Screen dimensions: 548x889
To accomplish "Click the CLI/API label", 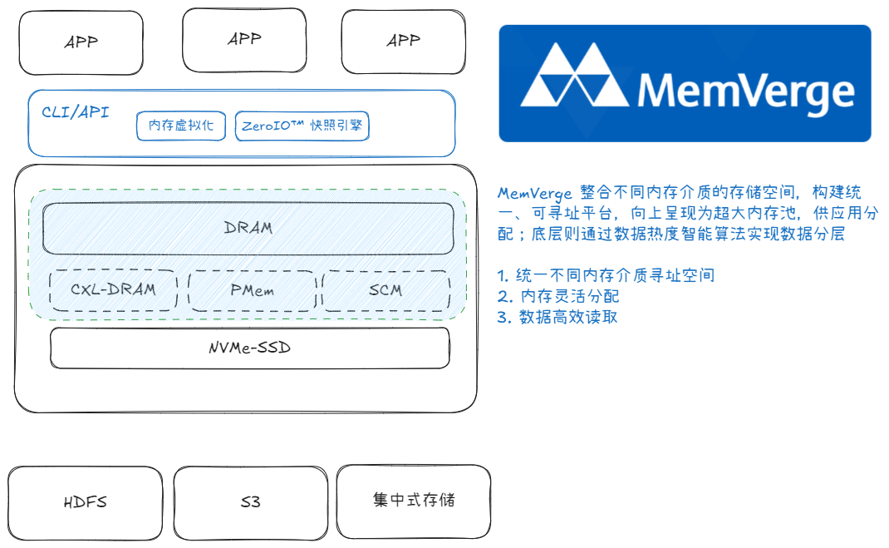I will pyautogui.click(x=75, y=112).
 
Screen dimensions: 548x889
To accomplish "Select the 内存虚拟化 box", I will pyautogui.click(x=181, y=126).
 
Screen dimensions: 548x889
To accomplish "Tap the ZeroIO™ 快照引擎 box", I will pyautogui.click(x=302, y=126).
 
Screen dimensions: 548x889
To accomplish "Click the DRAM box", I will pyautogui.click(x=248, y=228).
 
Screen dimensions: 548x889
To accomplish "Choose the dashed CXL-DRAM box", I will pyautogui.click(x=113, y=290).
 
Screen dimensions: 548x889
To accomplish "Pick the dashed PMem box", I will pyautogui.click(x=252, y=290).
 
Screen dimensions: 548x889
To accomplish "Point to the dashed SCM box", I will pyautogui.click(x=386, y=290).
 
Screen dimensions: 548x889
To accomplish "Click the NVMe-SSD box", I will pyautogui.click(x=249, y=348).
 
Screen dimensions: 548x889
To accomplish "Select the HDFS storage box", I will pyautogui.click(x=85, y=502).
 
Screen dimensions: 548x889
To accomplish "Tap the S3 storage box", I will pyautogui.click(x=250, y=502).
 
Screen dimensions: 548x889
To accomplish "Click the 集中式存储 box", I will pyautogui.click(x=413, y=501).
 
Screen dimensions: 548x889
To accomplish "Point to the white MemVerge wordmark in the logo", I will pyautogui.click(x=745, y=91).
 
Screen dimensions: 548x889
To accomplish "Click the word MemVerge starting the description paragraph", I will pyautogui.click(x=535, y=193).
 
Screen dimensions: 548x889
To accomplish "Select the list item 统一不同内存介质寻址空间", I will pyautogui.click(x=615, y=275).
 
